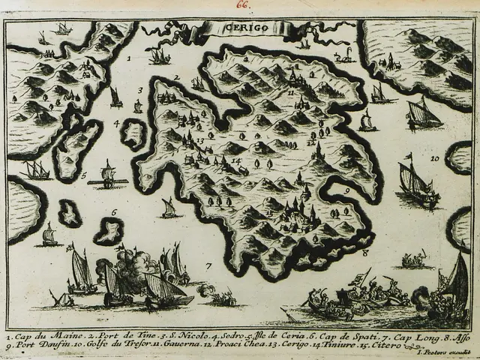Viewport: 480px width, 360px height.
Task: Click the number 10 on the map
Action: pos(435,158)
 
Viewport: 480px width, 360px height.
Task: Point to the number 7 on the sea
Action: pos(209,265)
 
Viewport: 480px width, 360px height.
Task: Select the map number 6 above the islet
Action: pos(114,212)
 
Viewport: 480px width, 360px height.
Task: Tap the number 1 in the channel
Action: pos(129,57)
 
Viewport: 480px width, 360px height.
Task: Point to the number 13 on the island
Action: pos(199,141)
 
